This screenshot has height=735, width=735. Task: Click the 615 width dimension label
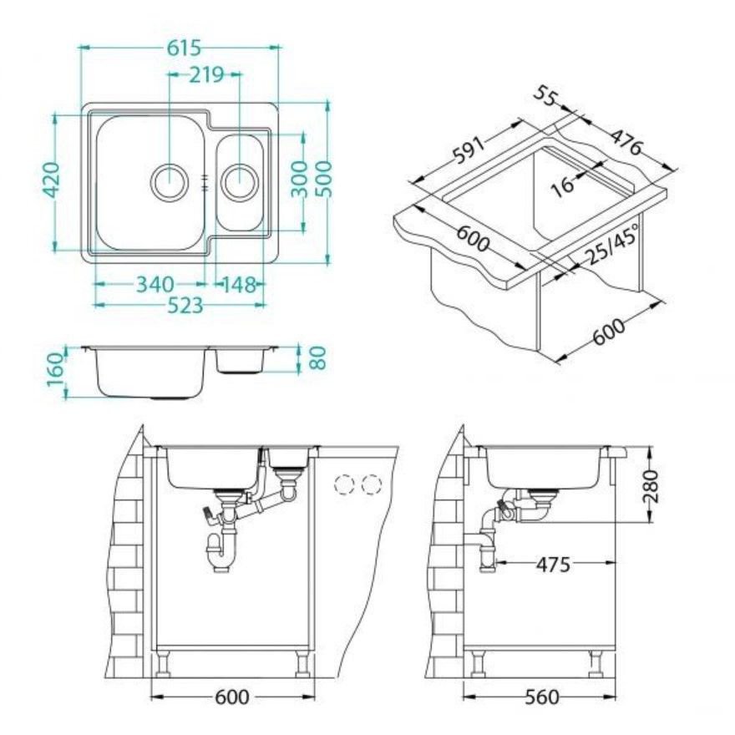point(185,48)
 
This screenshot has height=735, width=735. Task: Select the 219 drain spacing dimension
point(206,74)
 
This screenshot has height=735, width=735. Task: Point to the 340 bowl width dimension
point(155,284)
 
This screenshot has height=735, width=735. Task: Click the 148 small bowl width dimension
point(240,284)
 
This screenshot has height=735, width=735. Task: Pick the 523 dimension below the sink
point(186,306)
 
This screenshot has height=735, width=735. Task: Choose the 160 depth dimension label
point(55,369)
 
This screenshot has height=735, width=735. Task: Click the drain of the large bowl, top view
point(170,181)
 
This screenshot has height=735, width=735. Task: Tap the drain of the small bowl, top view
point(240,181)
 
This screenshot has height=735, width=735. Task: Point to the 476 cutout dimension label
point(626,140)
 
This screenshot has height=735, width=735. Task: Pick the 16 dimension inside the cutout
point(562,185)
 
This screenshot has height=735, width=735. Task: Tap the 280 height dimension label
point(651,487)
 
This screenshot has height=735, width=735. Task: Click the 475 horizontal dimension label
point(554,565)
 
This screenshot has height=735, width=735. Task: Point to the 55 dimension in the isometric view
point(545,97)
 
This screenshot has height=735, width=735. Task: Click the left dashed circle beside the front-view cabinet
point(344,484)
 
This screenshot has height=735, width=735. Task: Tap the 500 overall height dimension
point(323,180)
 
